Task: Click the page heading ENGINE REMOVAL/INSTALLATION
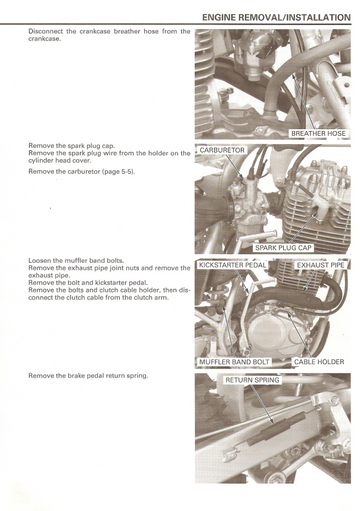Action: (276, 17)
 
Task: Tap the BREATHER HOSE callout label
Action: (318, 134)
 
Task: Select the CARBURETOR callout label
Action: (222, 150)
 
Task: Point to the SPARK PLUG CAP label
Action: (283, 248)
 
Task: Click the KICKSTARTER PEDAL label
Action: (232, 265)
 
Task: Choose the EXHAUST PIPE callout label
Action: (321, 265)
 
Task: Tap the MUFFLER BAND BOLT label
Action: (234, 362)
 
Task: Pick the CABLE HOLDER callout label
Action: (319, 362)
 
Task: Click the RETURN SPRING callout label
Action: (252, 380)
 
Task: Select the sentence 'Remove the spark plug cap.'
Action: (72, 146)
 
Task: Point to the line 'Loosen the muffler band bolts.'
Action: (76, 260)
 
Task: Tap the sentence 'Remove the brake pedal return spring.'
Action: (88, 376)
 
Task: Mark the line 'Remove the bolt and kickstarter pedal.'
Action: (88, 283)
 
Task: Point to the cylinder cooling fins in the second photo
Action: (317, 220)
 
